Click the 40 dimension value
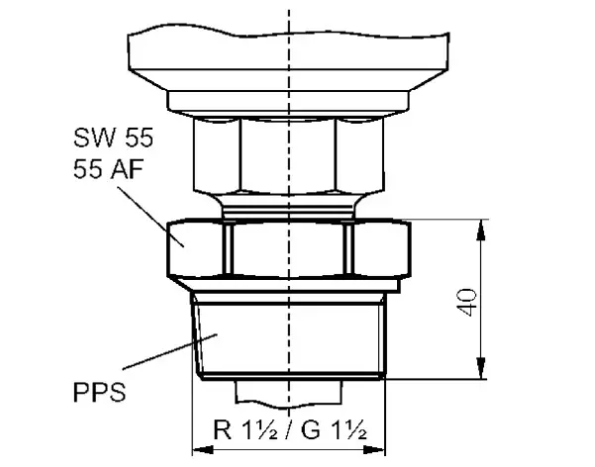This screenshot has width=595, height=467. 472,303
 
